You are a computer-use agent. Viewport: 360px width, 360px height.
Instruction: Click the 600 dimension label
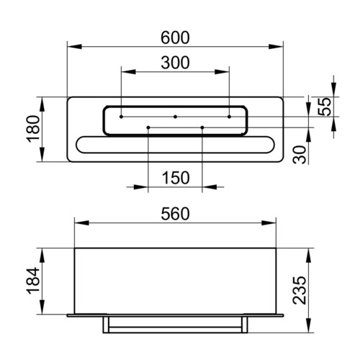(x=175, y=37)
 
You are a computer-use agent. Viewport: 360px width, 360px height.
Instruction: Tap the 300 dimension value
(x=175, y=63)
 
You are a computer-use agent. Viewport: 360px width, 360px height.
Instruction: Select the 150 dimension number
(x=176, y=178)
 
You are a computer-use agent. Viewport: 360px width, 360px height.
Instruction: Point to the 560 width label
(x=175, y=214)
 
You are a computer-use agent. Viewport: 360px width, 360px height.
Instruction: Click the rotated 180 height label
(x=33, y=129)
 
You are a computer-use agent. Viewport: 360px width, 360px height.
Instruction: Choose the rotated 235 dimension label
(x=300, y=291)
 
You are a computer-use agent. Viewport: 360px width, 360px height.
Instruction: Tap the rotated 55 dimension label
(x=325, y=107)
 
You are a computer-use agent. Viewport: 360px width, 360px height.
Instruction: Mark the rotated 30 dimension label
(x=300, y=155)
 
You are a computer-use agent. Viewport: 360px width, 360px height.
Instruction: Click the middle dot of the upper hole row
(x=175, y=117)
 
